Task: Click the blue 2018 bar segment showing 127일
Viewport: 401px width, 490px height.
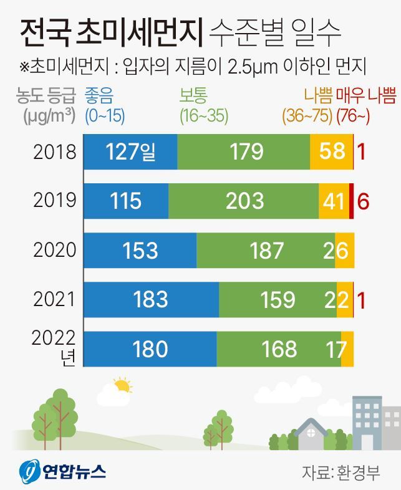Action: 130,152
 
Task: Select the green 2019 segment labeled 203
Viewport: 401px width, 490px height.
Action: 243,201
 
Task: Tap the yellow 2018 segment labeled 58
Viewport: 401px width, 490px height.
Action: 331,152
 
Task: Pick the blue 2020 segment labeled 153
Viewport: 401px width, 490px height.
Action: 140,250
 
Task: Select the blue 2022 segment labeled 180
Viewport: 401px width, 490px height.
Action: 150,348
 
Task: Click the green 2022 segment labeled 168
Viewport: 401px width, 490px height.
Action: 278,348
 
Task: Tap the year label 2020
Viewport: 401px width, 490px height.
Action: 55,250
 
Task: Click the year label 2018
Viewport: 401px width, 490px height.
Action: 55,152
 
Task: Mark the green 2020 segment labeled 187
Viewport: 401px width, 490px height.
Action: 266,250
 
